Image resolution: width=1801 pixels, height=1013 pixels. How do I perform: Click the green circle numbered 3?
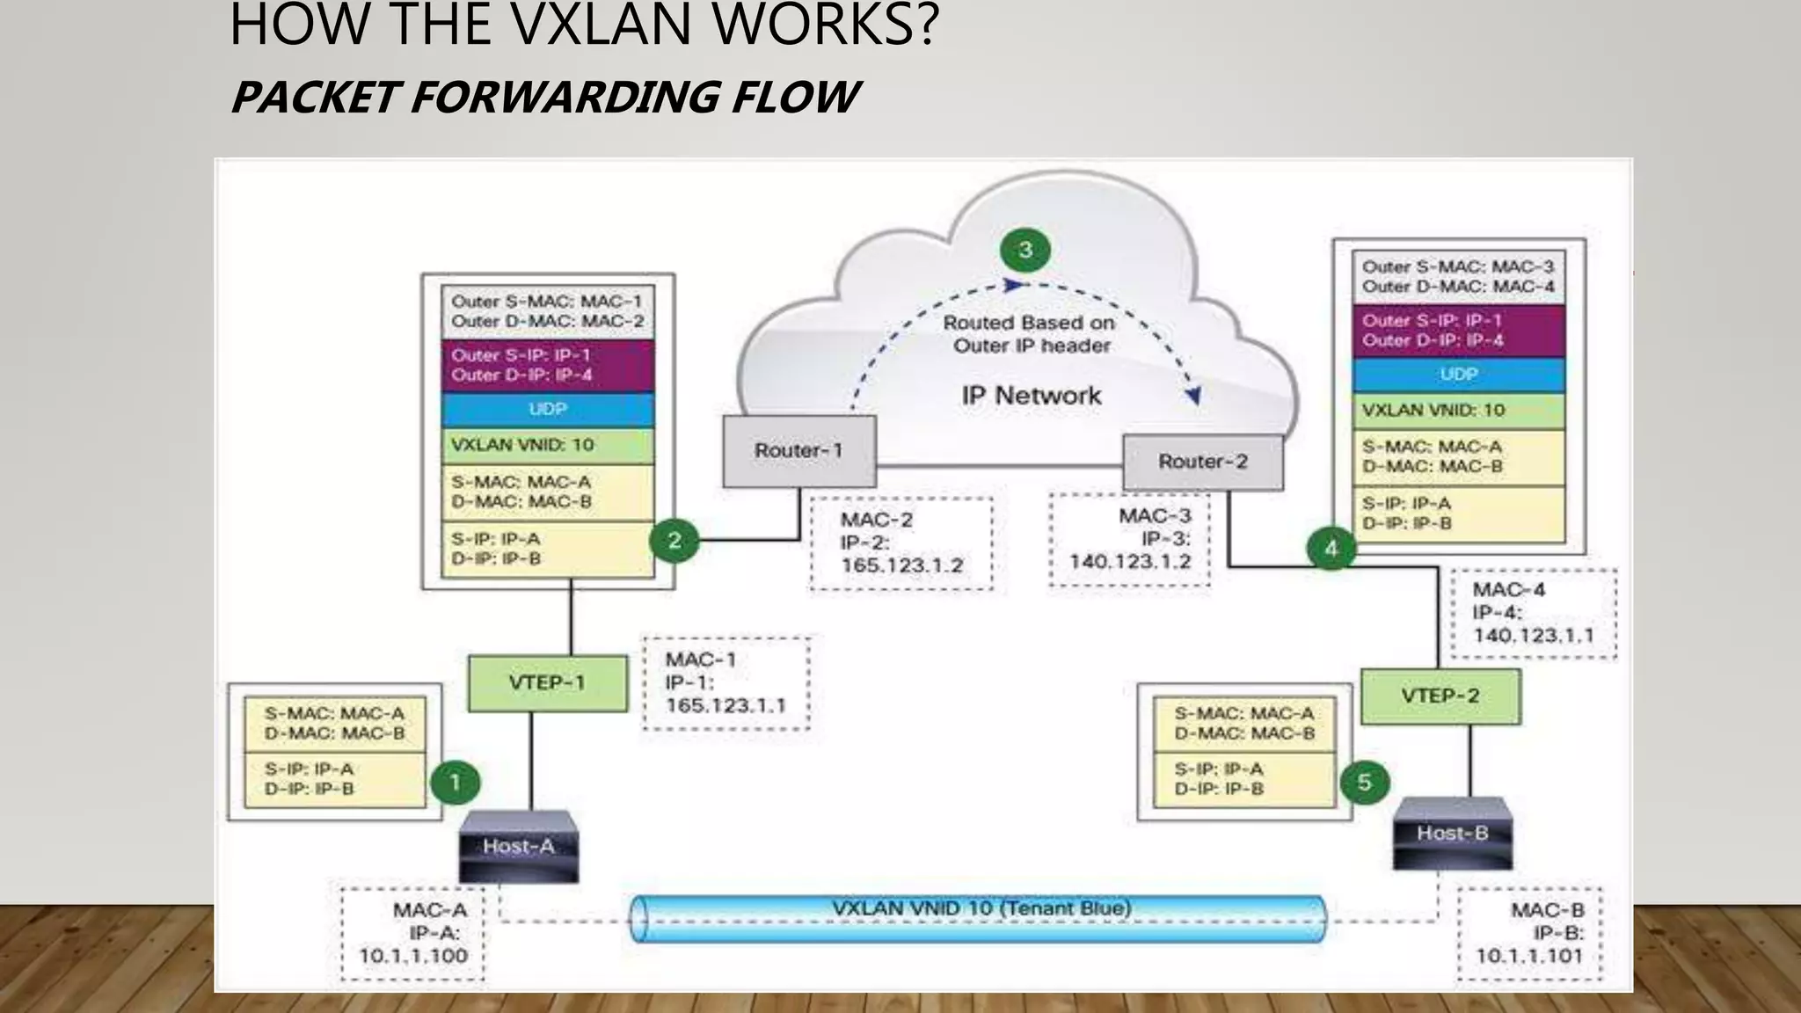[1025, 251]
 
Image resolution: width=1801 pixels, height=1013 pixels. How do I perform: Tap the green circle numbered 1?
[455, 782]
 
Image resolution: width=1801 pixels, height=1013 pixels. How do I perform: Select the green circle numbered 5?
[1364, 782]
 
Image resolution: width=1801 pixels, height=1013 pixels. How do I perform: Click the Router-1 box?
[798, 451]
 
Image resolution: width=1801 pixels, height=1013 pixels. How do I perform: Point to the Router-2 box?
[1202, 462]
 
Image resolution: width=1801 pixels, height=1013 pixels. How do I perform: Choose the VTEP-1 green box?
[547, 682]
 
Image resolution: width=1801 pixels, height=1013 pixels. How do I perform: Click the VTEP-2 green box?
[1440, 696]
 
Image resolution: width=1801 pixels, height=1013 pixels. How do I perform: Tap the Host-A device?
[519, 846]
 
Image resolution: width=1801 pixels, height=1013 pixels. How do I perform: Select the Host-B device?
[1452, 833]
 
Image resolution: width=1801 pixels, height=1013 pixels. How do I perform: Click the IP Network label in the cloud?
[1031, 396]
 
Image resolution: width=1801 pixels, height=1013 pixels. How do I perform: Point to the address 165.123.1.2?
[901, 565]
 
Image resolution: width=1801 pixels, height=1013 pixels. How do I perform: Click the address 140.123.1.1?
[1533, 635]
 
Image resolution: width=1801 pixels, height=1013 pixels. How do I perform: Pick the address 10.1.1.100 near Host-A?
[413, 956]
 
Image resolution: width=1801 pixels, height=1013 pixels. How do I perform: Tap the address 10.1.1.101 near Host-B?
[1528, 956]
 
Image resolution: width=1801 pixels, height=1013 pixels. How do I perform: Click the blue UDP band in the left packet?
[548, 410]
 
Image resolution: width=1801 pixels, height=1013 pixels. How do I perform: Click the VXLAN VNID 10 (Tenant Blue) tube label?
[981, 908]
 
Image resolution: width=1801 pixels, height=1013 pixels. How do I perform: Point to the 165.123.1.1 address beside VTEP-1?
[726, 705]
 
